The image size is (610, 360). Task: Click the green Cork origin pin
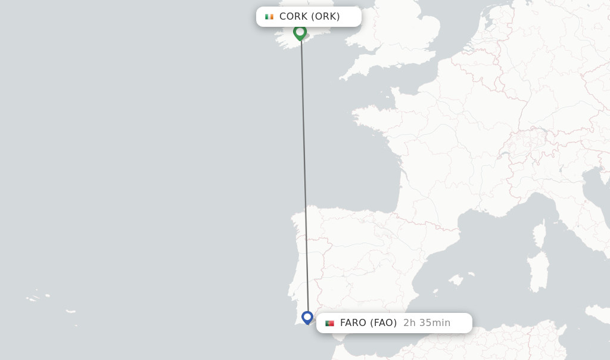pos(300,32)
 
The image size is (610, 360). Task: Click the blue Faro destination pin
pos(307,317)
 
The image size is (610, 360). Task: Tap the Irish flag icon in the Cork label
pos(269,17)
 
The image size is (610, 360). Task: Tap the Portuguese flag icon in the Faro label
pos(329,323)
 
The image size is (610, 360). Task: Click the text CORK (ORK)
pos(309,17)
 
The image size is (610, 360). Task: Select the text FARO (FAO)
pos(368,323)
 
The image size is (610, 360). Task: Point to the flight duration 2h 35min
pos(427,323)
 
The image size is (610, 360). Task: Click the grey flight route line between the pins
pos(304,173)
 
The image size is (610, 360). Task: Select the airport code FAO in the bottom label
pos(383,323)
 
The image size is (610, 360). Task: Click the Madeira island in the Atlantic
pos(71,311)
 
